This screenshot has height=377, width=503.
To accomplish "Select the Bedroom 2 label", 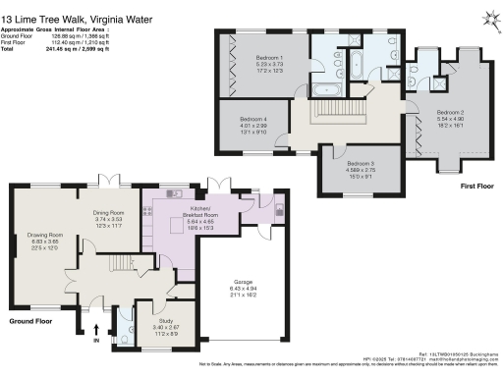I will (448, 113).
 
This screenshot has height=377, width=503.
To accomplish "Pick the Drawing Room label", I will (44, 235).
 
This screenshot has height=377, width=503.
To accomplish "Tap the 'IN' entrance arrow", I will (97, 334).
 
